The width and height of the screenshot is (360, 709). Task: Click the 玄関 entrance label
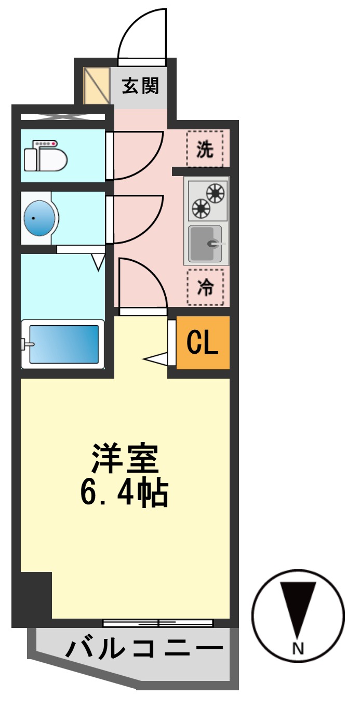140,86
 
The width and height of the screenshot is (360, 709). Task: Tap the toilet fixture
46,156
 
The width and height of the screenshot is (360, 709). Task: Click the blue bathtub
63,344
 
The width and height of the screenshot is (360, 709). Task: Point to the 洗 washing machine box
205,149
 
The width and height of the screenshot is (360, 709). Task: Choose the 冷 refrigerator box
206,287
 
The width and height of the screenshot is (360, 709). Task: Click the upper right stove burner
215,193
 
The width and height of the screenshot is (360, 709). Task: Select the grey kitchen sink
205,244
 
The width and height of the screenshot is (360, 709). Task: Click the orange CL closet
203,342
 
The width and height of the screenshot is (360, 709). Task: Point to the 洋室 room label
125,458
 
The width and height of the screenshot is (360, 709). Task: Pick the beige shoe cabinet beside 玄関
97,86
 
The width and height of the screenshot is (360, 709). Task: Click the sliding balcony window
158,623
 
